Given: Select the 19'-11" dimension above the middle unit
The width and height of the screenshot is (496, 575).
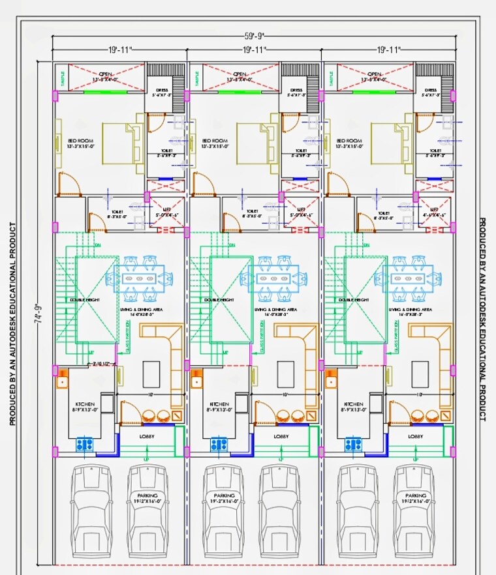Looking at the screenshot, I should [255, 50].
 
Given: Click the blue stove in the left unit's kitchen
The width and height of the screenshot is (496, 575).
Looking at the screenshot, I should [85, 445].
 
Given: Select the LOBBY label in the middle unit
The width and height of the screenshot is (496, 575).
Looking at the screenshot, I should [281, 436].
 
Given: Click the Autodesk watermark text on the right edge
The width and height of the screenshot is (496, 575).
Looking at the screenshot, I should [483, 319].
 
